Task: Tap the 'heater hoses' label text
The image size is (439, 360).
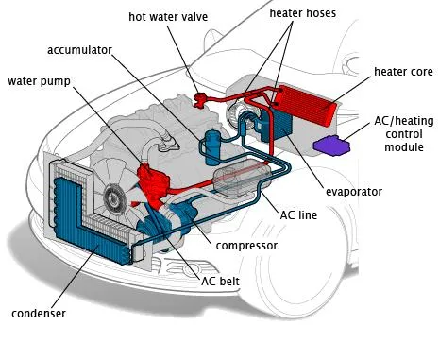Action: (303, 14)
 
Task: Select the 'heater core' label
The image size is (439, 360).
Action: (403, 72)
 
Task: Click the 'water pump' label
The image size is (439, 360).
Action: (37, 79)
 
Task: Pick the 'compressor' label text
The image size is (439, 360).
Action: (246, 245)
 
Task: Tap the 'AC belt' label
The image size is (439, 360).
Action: (221, 281)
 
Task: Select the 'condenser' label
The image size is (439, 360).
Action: (39, 313)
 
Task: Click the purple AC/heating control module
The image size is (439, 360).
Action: (329, 144)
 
